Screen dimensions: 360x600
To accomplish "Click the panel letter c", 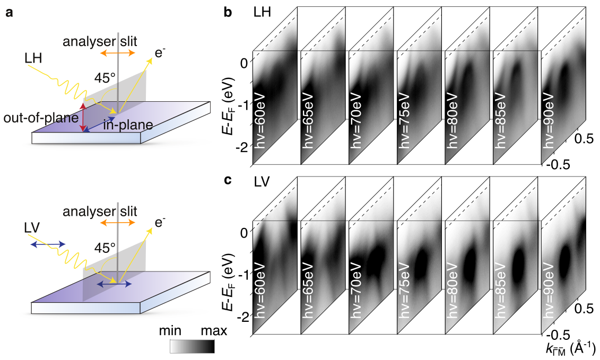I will pyautogui.click(x=228, y=180).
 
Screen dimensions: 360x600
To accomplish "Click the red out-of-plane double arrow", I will pyautogui.click(x=82, y=118).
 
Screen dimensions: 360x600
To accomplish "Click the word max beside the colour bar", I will pyautogui.click(x=212, y=332).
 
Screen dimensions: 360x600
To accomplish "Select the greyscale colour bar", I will pyautogui.click(x=193, y=346).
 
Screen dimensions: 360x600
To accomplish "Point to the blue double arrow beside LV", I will pyautogui.click(x=48, y=244).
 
